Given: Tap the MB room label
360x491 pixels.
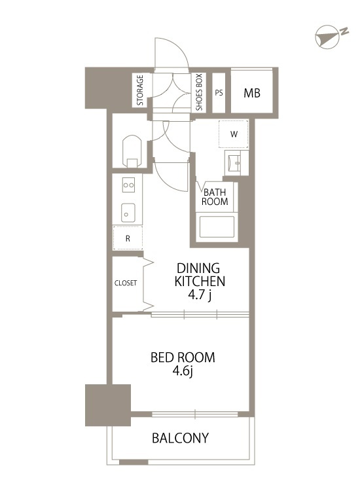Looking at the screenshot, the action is pos(252,93).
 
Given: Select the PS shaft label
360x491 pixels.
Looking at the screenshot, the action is pos(219,93).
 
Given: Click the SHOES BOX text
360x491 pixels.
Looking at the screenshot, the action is pos(199,92).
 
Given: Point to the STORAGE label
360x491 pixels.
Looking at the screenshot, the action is pos(140,90).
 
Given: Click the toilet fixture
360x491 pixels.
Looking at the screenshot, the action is pos(132,151).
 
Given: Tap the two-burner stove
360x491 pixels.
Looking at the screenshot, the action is pos(129,185).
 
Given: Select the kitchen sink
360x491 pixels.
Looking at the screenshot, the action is pos(128,212).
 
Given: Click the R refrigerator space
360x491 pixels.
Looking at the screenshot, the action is pos(128,238).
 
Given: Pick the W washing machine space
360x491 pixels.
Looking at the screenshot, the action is pos(234,134).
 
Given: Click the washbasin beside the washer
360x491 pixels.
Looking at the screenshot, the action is pos(236,163).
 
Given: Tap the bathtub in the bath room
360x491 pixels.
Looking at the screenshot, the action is pos(215,227).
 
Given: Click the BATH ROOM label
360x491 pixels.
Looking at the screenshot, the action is pos(215,197).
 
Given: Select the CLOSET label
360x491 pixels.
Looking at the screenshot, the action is pos(126,283).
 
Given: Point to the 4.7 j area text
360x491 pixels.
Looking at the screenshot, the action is pos(200,295).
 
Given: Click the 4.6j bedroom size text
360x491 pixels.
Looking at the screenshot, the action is pos(183,371).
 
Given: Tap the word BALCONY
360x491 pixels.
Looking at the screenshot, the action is pos(180,438).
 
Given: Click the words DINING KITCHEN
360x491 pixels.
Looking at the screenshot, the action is pos(200,274).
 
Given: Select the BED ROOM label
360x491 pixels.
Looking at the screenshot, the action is pos(183,357).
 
